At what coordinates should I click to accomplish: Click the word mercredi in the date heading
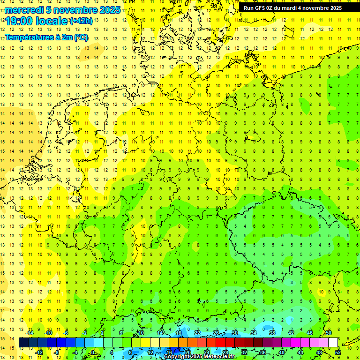coord(24,10)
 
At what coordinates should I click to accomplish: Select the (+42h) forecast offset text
coord(81,21)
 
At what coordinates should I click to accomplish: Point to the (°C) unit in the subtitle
coord(81,37)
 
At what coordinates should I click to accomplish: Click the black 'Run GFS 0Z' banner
coord(292,7)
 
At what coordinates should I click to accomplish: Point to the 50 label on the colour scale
coord(329,333)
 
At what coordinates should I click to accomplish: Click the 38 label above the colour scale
coord(272,333)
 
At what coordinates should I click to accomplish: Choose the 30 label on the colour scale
coord(235,333)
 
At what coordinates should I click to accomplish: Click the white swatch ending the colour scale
coord(333,343)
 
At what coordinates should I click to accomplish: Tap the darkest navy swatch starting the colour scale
coord(23,343)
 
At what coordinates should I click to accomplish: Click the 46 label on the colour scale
coord(310,333)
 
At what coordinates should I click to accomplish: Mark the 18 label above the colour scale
coord(179,333)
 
